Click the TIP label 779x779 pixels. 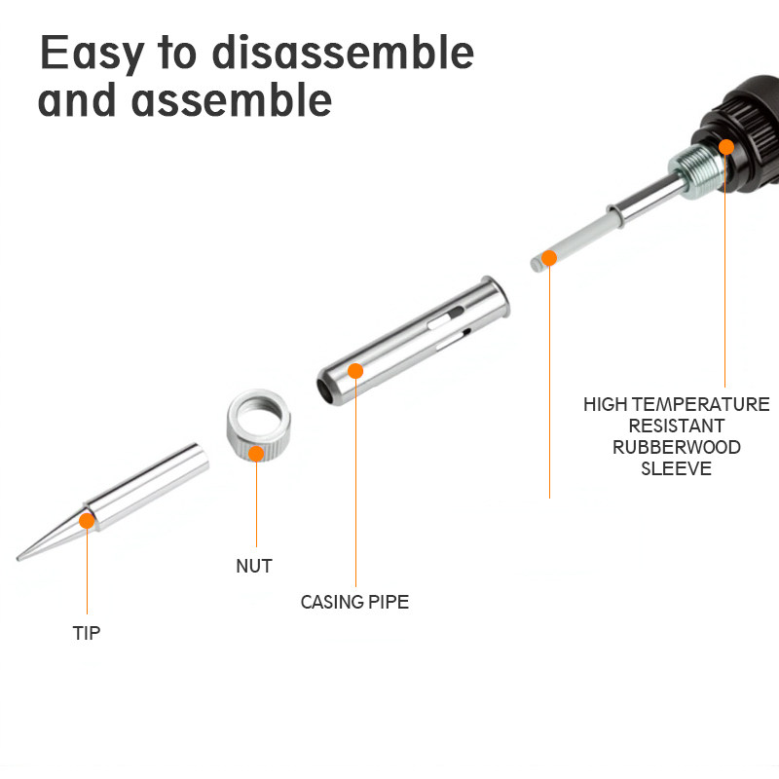coord(87,633)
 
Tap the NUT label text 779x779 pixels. coord(254,566)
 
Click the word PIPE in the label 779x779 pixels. coord(388,602)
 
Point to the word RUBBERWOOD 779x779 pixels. coord(676,447)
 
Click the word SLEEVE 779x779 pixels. coord(676,468)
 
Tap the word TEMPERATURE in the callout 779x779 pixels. coord(701,404)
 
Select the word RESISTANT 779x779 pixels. coord(676,426)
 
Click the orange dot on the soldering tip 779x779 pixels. coord(87,521)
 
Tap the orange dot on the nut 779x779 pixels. coord(256,454)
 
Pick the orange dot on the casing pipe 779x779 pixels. coord(355,371)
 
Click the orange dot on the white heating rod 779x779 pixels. coord(549,258)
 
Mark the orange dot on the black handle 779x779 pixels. coord(726,147)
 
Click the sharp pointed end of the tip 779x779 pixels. coord(19,559)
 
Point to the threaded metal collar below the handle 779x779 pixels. coord(695,171)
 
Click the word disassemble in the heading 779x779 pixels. coord(343,53)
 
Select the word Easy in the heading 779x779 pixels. coord(93,54)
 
